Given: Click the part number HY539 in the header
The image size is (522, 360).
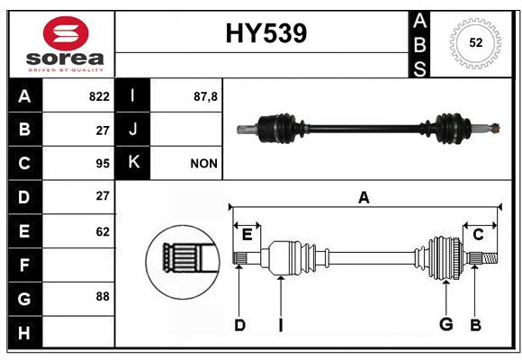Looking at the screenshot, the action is click(x=266, y=33).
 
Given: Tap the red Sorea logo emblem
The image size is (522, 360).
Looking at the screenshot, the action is click(x=66, y=33).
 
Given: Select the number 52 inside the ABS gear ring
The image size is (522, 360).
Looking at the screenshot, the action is click(x=476, y=42).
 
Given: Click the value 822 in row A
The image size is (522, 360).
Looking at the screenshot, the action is click(x=99, y=96).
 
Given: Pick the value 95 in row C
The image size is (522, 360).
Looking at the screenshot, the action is click(x=103, y=164).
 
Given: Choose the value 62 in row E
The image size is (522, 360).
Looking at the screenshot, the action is click(x=103, y=232).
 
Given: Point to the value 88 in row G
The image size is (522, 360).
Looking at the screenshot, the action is click(x=103, y=296).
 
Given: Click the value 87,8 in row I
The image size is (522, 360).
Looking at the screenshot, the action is click(x=205, y=96).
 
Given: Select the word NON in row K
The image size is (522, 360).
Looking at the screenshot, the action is click(x=203, y=164).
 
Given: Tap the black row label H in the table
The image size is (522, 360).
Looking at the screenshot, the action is click(x=25, y=332).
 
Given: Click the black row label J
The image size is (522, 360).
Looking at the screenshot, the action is click(x=132, y=130).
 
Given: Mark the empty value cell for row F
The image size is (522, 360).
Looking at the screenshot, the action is click(x=78, y=265).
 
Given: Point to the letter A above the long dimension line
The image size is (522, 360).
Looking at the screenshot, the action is click(x=364, y=197).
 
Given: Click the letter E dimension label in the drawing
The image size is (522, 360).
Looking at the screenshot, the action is click(x=247, y=235).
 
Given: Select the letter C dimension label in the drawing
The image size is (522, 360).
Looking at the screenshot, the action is click(x=478, y=235).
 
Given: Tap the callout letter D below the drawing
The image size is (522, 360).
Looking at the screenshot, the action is click(x=239, y=325).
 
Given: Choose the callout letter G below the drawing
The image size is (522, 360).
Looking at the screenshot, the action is click(x=446, y=324).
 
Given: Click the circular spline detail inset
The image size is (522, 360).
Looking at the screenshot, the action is click(x=183, y=262).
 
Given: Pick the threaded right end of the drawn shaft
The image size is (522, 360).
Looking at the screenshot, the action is click(x=490, y=258).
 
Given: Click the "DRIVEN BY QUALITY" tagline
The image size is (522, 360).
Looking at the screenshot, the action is click(x=66, y=70).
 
